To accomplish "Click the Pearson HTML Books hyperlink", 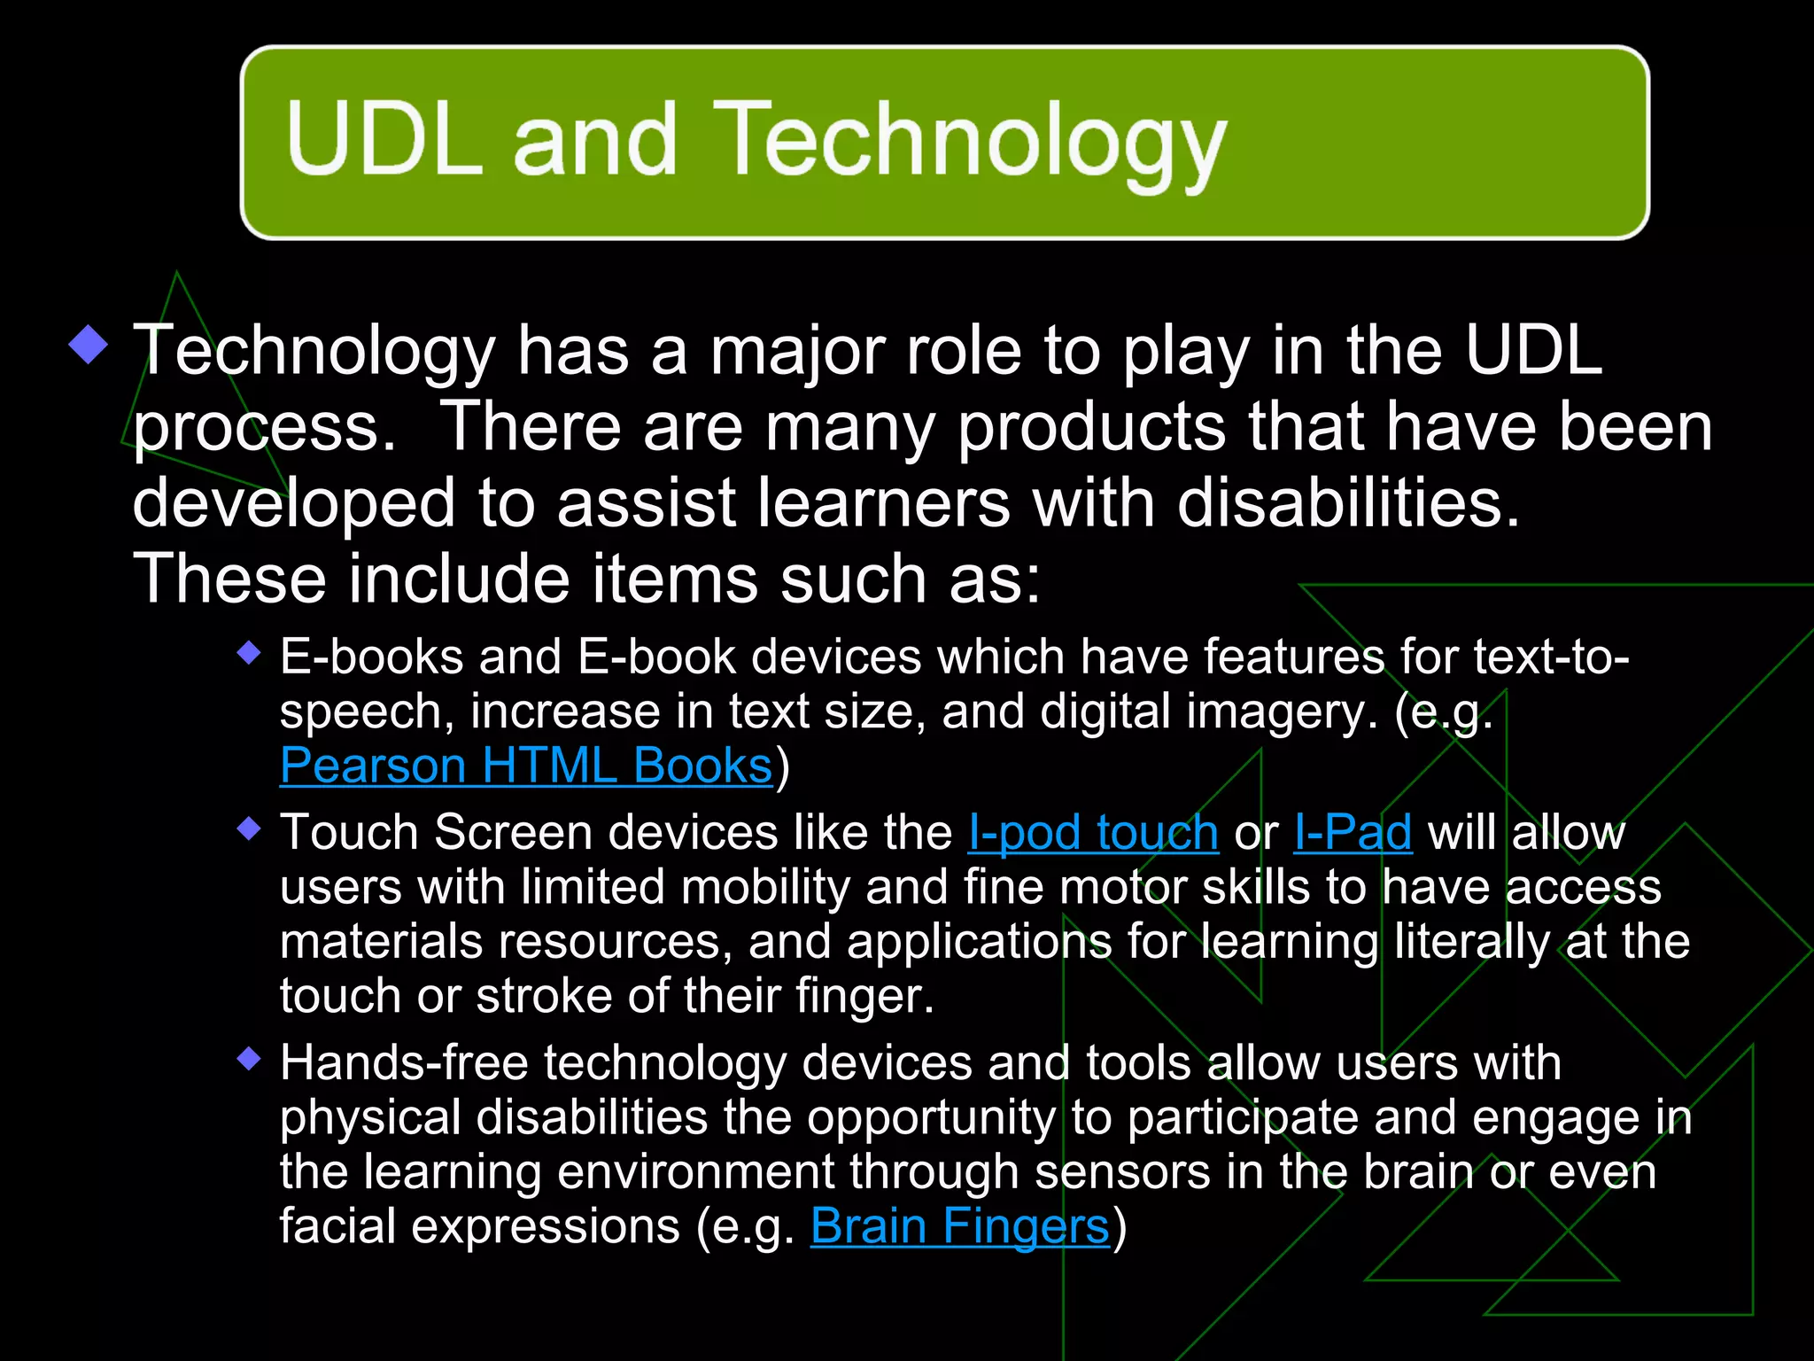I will (526, 766).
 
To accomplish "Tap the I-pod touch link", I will (1093, 833).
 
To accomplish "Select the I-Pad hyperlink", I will (1353, 833).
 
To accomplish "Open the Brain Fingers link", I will (959, 1227).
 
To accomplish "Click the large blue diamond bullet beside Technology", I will (89, 344).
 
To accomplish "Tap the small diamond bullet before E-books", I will (250, 654).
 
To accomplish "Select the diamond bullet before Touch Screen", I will (250, 829).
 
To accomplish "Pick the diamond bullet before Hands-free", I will (250, 1059).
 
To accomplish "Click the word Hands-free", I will (404, 1063).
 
